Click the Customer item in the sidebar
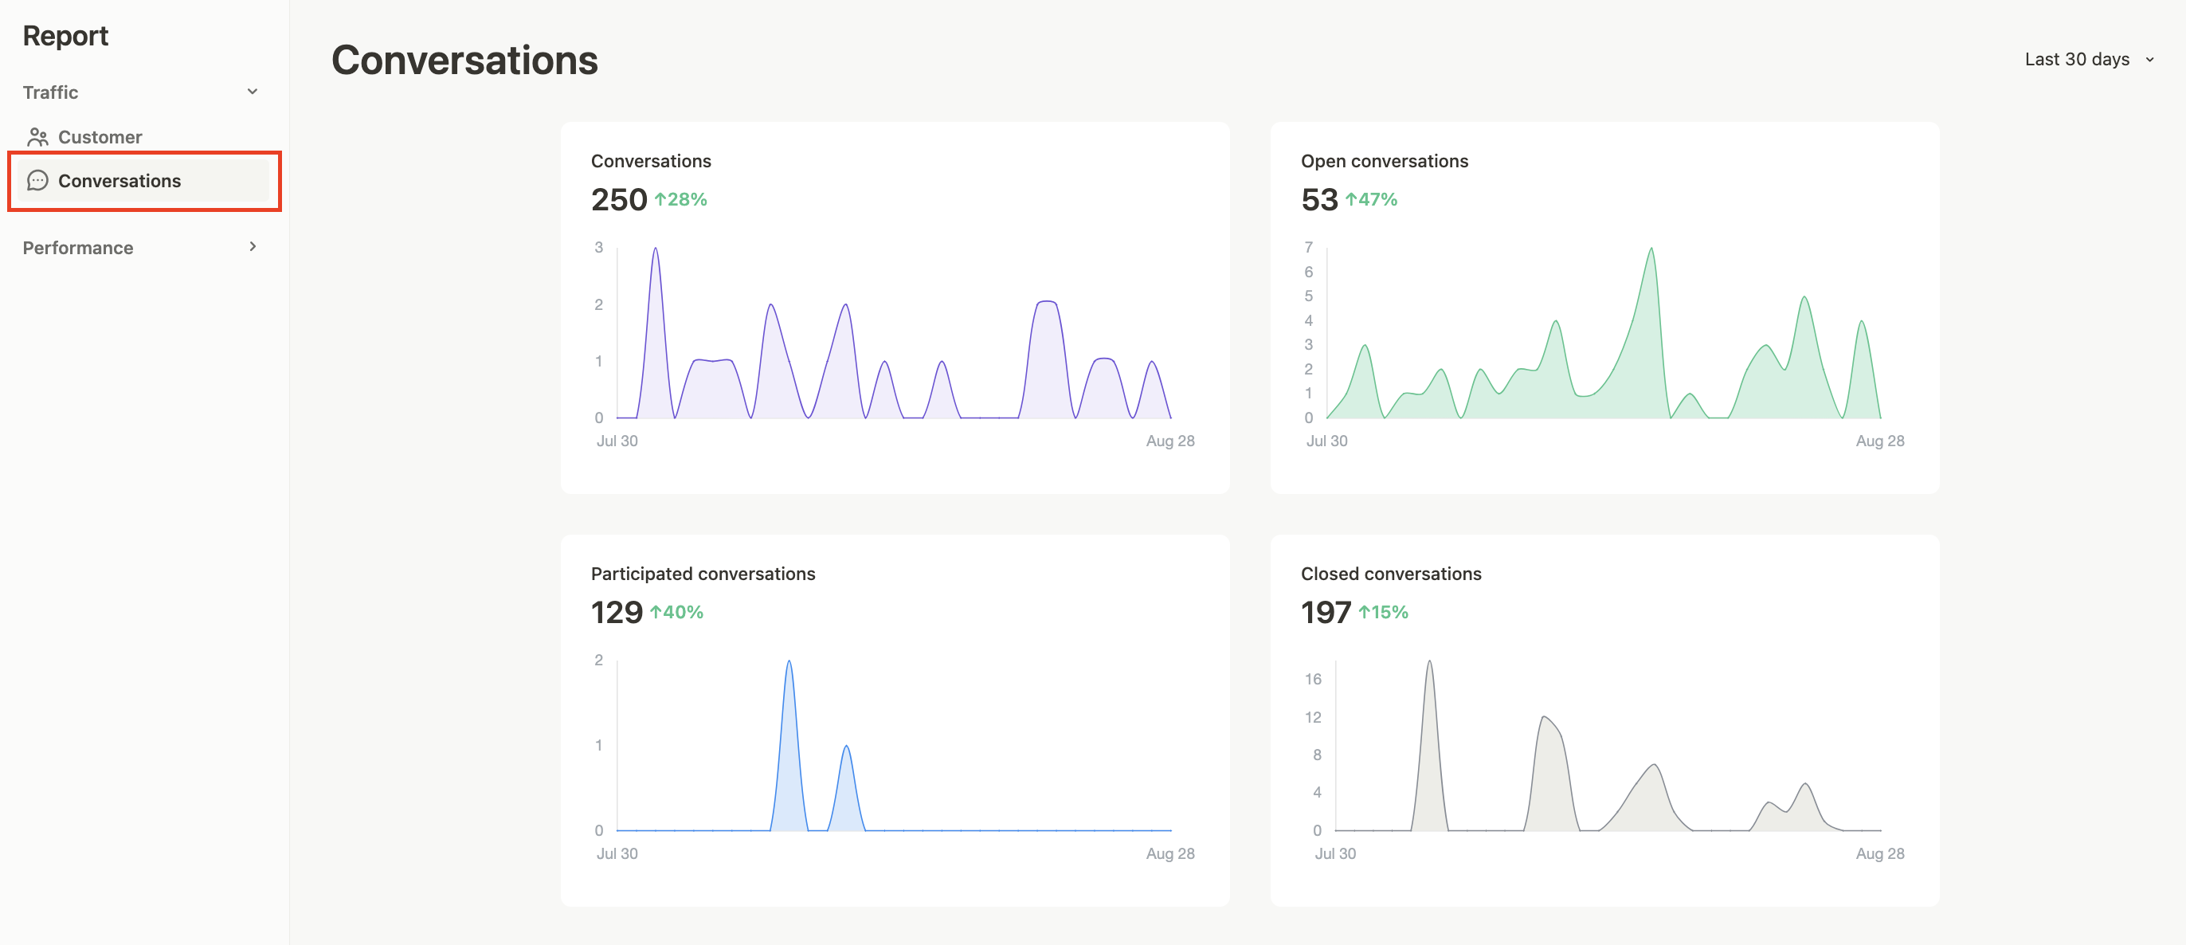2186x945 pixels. tap(100, 137)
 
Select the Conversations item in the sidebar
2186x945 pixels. tap(119, 181)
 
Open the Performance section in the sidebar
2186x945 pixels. tap(78, 248)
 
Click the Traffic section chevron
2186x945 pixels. tap(252, 92)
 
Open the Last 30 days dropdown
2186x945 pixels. tap(2087, 60)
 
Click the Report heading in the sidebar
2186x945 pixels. tap(65, 36)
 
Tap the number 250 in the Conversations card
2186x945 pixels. tap(619, 199)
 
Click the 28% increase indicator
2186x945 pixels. tap(680, 199)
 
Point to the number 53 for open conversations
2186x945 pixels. tap(1318, 199)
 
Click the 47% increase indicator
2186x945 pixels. tap(1371, 199)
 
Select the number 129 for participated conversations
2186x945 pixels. tap(616, 612)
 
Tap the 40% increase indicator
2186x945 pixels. tap(677, 612)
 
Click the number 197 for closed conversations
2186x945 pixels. tap(1325, 612)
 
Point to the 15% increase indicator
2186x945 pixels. tap(1383, 612)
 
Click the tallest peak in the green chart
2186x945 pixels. tap(1651, 249)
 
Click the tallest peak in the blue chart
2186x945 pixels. tap(789, 662)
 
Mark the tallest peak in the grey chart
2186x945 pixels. tap(1429, 662)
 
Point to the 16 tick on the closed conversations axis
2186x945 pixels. tap(1313, 679)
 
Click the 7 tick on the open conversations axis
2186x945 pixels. tap(1309, 247)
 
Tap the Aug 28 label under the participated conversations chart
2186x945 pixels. tap(1169, 853)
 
